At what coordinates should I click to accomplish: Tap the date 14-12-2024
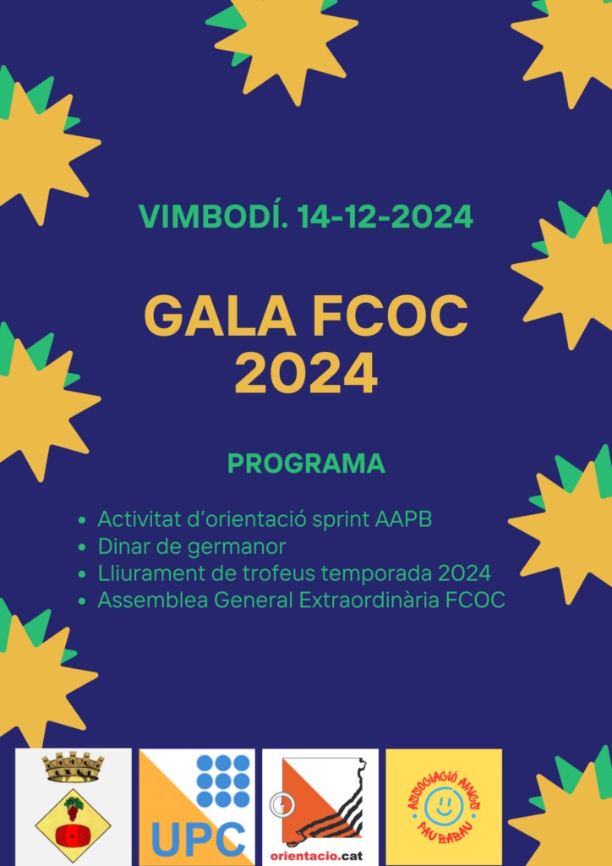(x=385, y=216)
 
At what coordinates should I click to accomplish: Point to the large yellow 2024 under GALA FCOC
(x=306, y=374)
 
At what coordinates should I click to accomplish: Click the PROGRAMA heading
(x=306, y=464)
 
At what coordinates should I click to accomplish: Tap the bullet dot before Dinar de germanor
(x=83, y=548)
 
